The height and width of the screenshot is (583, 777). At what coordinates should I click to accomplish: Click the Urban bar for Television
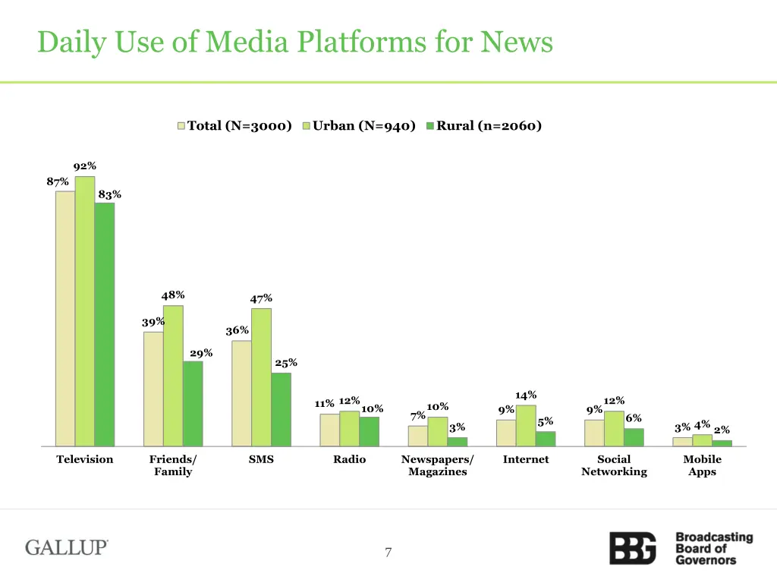pos(85,311)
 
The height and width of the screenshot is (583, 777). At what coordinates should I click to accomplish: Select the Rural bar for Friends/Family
pos(193,403)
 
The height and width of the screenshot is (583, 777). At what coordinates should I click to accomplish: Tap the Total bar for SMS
pos(241,393)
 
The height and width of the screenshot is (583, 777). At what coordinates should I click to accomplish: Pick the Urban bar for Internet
pos(526,426)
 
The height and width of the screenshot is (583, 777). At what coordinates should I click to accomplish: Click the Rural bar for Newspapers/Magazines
pos(457,442)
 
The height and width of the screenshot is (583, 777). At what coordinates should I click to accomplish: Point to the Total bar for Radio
pos(329,430)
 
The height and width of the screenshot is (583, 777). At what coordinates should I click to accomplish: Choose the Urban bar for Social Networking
pos(614,429)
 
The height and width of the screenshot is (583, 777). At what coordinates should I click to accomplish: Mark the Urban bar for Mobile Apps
pos(702,440)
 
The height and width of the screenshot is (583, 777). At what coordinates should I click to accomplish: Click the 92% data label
pos(85,166)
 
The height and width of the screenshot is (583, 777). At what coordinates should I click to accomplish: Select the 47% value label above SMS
pos(261,298)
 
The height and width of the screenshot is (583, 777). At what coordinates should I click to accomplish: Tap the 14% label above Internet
pos(526,395)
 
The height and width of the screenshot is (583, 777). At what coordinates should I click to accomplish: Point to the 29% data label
pos(201,353)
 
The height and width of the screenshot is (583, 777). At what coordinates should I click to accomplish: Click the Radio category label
pos(349,459)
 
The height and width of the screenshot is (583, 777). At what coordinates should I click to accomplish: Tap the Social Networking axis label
pos(614,465)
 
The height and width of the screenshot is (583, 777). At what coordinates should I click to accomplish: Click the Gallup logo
pos(67,547)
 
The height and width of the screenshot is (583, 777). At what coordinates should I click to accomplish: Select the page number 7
pos(388,553)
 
